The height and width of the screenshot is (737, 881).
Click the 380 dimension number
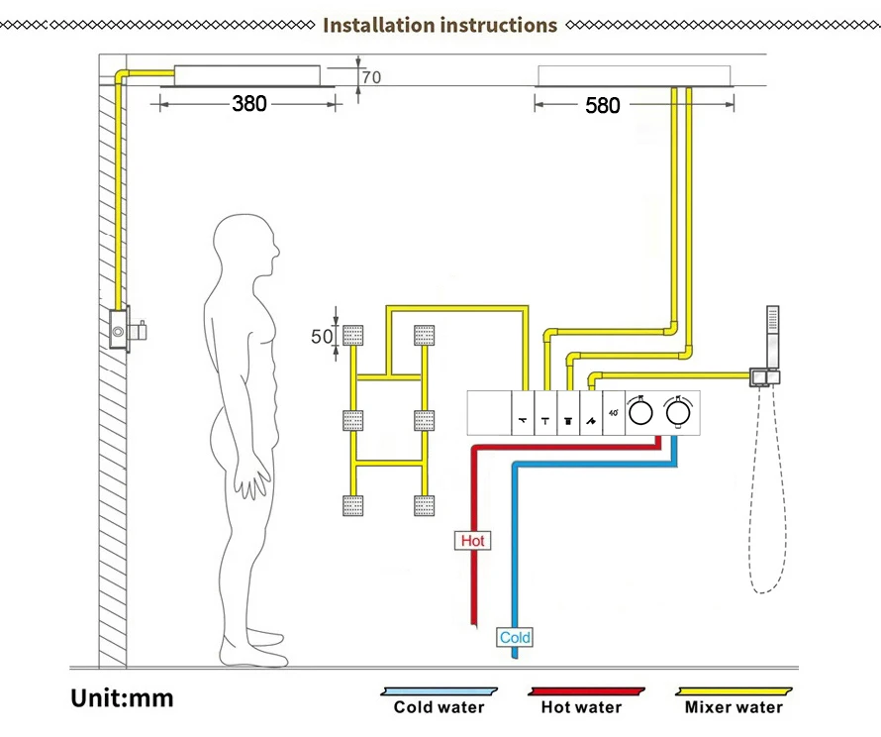coord(249,103)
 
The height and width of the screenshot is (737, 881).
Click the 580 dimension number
coord(602,104)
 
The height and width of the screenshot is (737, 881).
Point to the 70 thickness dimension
coord(370,77)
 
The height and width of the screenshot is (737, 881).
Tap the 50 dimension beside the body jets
coord(323,337)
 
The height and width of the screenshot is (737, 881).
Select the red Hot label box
coord(473,541)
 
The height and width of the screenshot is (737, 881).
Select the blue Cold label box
coord(515,637)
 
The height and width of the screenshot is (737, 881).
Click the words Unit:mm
coord(122,698)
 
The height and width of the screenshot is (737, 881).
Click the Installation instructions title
coord(440,25)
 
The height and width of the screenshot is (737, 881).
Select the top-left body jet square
coord(353,335)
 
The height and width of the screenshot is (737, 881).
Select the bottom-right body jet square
coord(425,504)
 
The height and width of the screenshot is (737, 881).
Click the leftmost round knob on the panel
coord(641,410)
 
